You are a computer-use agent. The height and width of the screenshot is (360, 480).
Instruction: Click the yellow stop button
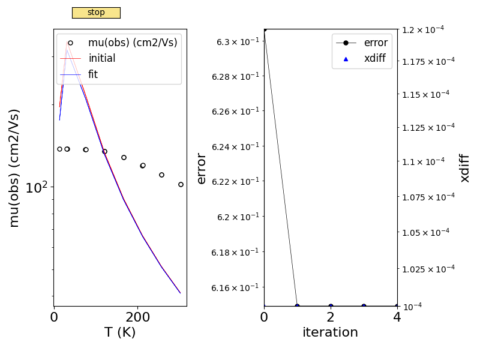click(96, 13)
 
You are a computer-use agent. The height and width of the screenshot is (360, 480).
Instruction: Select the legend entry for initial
click(101, 59)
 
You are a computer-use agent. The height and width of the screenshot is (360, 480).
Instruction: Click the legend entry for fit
click(93, 74)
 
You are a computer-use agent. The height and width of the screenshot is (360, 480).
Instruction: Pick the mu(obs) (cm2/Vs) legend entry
click(132, 43)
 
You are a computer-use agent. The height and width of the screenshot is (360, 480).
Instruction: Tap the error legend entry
click(376, 43)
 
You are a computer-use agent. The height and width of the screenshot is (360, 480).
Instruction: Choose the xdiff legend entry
click(376, 58)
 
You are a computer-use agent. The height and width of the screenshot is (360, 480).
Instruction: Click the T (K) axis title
click(120, 332)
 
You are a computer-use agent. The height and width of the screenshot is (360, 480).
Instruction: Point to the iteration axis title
click(330, 332)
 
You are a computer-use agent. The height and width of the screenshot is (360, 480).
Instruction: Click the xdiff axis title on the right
click(464, 167)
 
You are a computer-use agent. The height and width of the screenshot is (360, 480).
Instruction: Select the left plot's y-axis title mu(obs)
click(15, 167)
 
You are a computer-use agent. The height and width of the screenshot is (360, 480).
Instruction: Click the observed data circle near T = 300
click(181, 184)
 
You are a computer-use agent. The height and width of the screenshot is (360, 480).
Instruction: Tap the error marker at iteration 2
click(331, 306)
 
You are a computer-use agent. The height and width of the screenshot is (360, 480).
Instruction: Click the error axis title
click(202, 168)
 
